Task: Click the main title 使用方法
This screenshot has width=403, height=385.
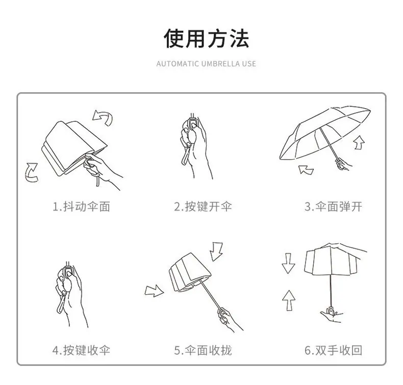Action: coord(207,39)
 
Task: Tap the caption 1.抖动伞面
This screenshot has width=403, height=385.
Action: coord(81,207)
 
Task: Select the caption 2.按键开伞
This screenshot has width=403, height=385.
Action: coord(203,207)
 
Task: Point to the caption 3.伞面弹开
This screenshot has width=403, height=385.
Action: coord(333,207)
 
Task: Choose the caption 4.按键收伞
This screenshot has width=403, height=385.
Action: coord(81,350)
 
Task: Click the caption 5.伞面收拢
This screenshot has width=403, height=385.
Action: coord(203,350)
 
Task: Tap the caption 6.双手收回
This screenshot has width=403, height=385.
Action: coord(333,350)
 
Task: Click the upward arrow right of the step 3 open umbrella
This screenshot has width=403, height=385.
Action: coord(359,143)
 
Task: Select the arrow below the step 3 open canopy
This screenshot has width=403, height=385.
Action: coord(306,170)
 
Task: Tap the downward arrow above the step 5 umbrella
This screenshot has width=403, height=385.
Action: coord(216,251)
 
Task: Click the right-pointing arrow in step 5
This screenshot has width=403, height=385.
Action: coord(154,291)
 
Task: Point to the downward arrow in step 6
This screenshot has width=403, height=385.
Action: coord(288,263)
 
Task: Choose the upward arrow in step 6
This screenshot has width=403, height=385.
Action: coord(289,300)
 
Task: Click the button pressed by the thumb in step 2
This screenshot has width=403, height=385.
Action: coord(193,124)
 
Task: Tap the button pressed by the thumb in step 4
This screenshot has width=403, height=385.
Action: coord(68,274)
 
